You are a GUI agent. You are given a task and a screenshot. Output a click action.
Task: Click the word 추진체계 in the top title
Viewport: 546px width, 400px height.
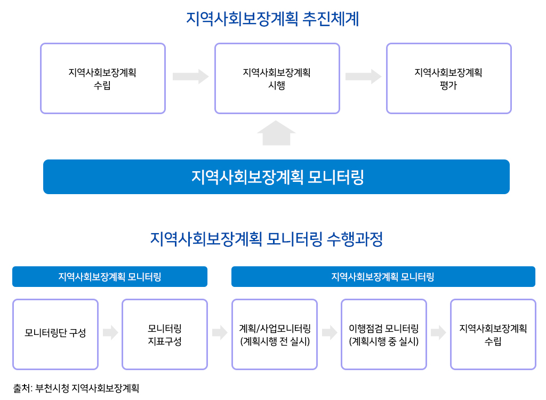point(331,19)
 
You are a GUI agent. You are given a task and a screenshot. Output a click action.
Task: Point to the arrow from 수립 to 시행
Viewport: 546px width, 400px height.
point(190,76)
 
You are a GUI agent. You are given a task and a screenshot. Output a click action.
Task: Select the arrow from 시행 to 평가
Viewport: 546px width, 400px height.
point(363,76)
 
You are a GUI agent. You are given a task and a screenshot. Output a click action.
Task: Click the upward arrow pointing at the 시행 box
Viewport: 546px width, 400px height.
point(277,133)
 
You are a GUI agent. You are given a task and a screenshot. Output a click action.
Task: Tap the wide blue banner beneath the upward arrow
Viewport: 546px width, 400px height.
point(277,177)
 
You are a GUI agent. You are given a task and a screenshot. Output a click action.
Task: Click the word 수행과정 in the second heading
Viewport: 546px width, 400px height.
point(355,239)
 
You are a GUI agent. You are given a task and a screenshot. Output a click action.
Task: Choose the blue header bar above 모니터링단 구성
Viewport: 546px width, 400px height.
point(110,277)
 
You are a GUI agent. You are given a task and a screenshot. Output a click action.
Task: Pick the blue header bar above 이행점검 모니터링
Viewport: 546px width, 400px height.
point(383,277)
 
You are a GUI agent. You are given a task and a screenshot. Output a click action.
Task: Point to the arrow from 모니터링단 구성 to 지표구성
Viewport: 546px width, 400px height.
point(110,332)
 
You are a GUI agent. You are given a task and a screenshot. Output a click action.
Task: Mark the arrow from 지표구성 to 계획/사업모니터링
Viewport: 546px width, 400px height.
point(220,332)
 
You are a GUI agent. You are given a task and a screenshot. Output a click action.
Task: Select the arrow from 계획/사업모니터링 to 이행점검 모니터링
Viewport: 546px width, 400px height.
point(330,332)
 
